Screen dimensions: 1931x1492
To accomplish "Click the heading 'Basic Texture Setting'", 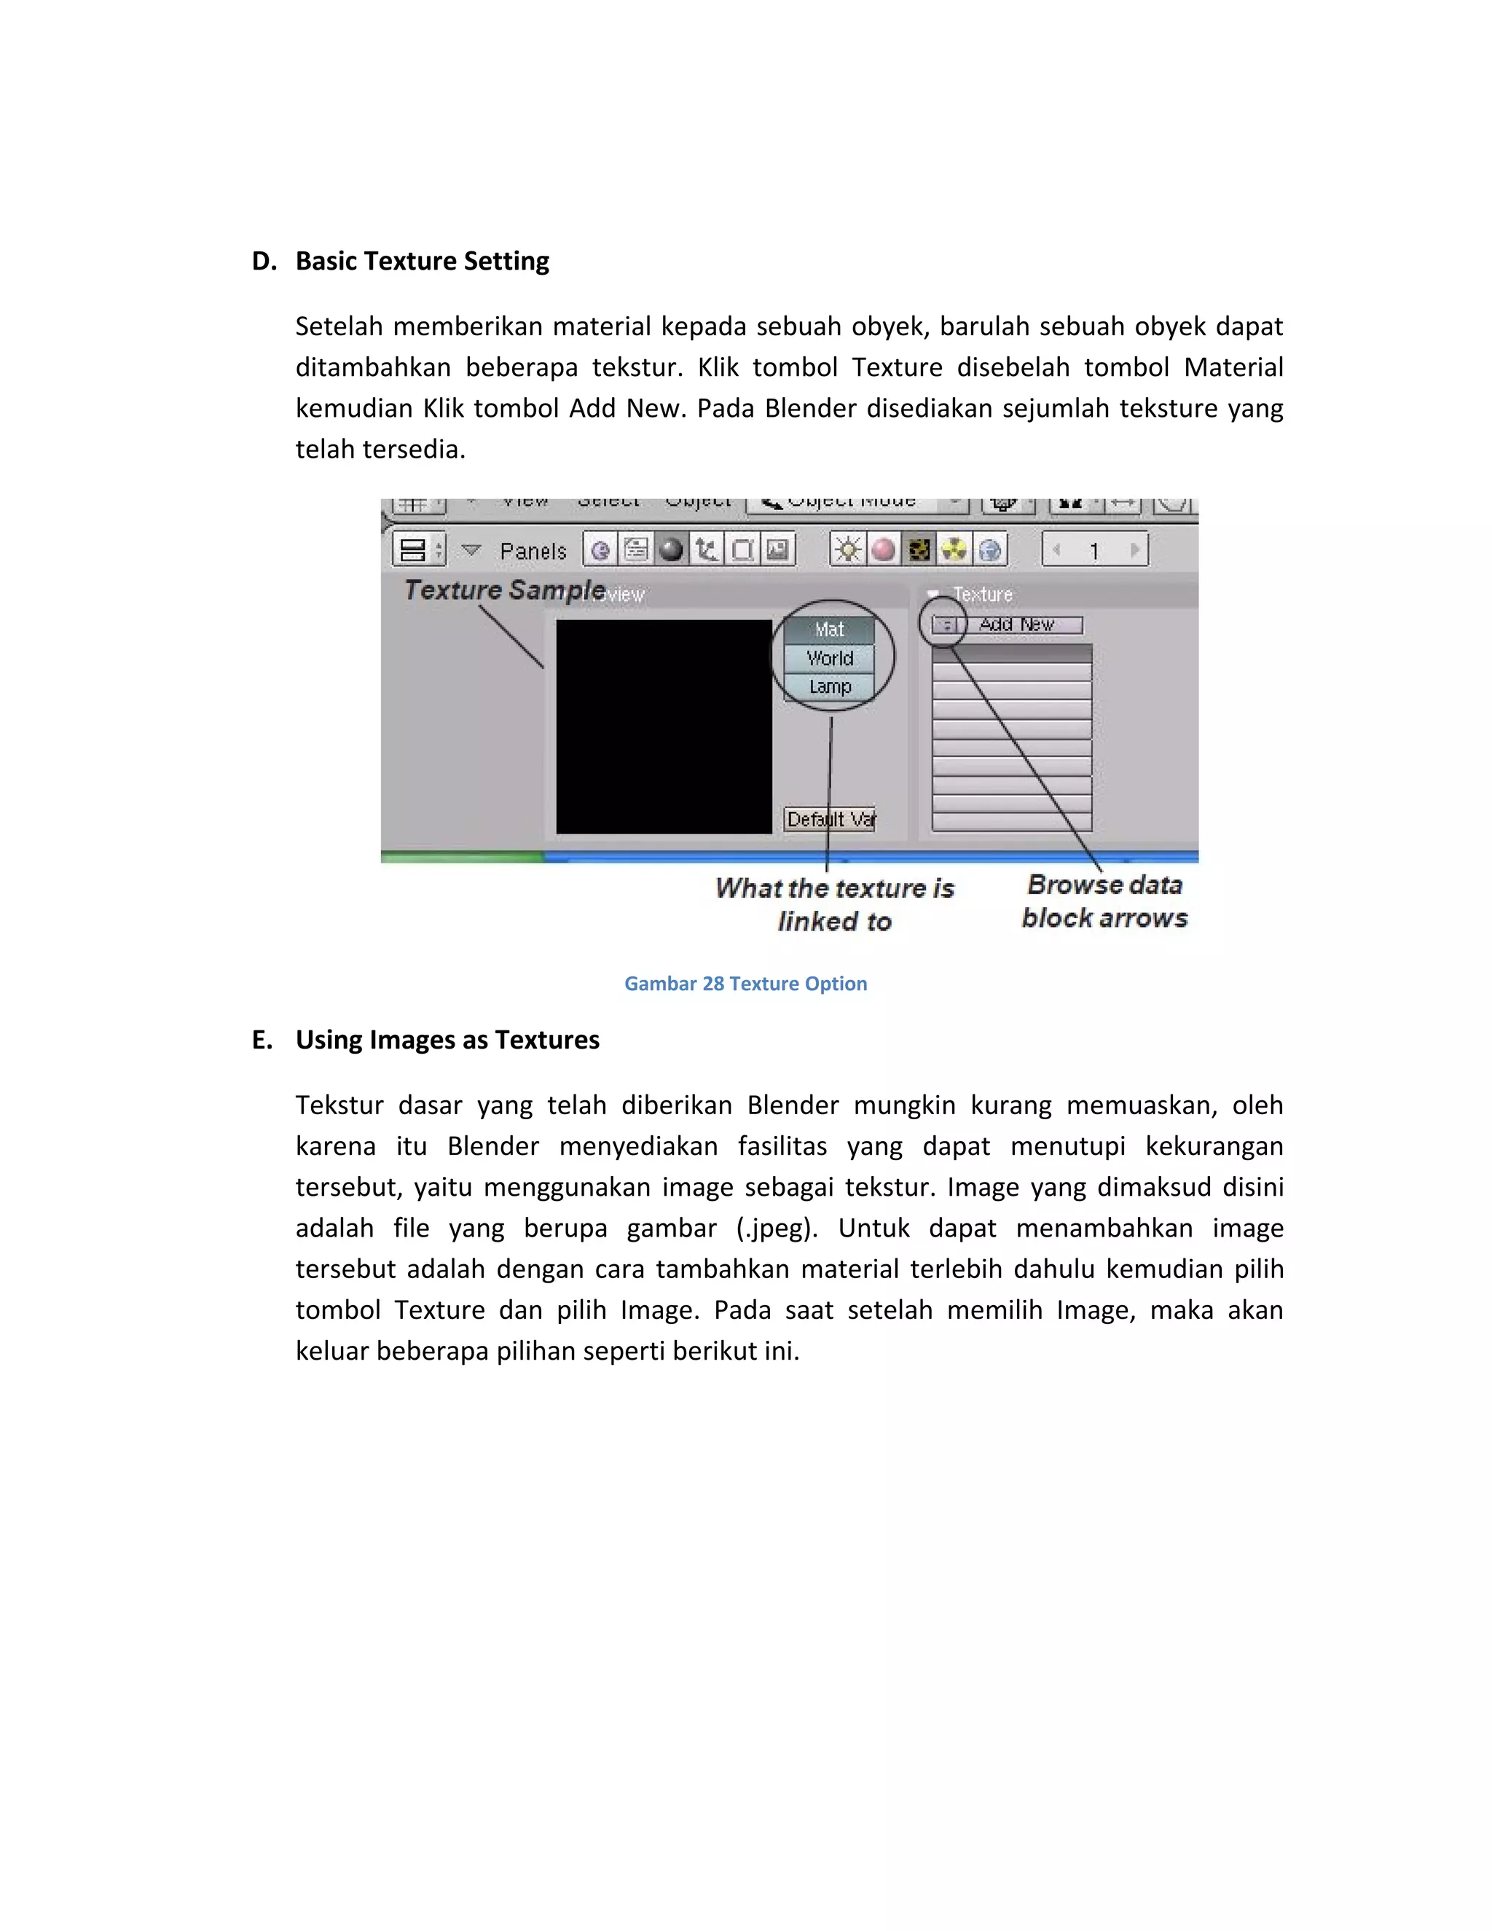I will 422,262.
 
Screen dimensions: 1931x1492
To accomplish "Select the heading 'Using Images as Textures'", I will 447,1040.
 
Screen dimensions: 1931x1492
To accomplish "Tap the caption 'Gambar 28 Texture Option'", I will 745,984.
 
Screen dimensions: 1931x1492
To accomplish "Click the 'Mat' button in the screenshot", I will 829,630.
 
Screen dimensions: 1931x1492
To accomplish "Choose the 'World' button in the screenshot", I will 829,659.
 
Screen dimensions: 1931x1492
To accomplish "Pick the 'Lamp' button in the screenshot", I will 829,687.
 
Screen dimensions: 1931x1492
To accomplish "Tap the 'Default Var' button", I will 829,820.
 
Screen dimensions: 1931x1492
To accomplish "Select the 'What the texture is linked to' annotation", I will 834,904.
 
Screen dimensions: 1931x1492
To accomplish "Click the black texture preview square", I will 663,726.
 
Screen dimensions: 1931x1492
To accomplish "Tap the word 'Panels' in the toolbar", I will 532,552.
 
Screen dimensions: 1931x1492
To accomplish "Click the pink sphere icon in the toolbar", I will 883,550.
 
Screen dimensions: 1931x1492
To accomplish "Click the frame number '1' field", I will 1094,551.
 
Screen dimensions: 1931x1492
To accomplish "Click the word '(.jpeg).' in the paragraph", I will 777,1228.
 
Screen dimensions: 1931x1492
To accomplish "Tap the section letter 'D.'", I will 264,262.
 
